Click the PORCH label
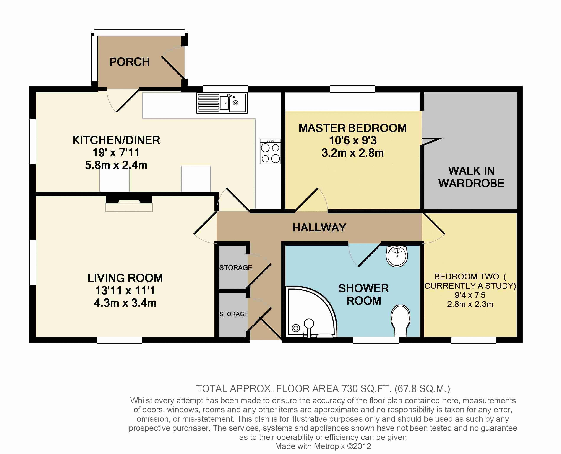click(129, 62)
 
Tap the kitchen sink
click(222, 103)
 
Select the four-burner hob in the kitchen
click(270, 151)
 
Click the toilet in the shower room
click(400, 321)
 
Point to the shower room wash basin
click(397, 256)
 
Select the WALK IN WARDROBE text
click(471, 177)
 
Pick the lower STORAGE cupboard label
click(233, 314)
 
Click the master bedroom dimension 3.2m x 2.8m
click(353, 153)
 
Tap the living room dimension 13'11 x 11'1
click(125, 290)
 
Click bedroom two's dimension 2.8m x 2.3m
click(470, 304)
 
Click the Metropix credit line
click(323, 446)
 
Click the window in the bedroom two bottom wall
click(474, 340)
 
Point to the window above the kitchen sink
click(225, 89)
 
